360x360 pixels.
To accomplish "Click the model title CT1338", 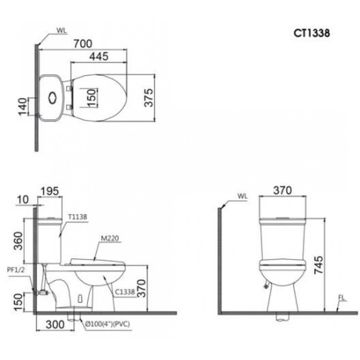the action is (311, 33).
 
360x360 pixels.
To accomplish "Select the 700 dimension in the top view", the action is (83, 44).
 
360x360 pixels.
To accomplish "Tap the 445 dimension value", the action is (99, 56).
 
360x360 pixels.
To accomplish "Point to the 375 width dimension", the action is (148, 98).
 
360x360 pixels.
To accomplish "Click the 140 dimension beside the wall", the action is (22, 107).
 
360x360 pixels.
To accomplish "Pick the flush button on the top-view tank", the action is (53, 98).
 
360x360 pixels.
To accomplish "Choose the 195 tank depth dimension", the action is (50, 191).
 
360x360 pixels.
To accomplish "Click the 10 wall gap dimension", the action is (23, 200).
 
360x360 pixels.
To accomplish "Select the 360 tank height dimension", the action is (18, 241).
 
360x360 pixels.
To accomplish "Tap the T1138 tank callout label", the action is (78, 217).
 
